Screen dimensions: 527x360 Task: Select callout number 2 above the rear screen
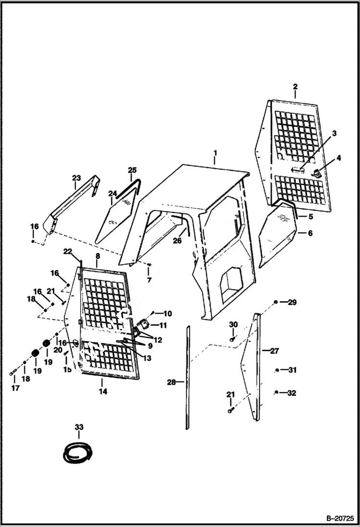[295, 86]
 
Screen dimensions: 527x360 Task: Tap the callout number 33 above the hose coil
[79, 427]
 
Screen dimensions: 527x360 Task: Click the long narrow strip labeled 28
[188, 378]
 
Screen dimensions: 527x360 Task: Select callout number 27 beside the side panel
[274, 351]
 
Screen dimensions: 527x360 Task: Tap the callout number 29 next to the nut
[292, 302]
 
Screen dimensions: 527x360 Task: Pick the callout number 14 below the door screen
[103, 392]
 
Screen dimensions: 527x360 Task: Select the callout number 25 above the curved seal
[132, 170]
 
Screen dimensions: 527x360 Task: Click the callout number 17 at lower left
[15, 388]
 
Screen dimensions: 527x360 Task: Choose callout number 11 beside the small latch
[163, 325]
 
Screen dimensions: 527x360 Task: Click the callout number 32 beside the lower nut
[291, 393]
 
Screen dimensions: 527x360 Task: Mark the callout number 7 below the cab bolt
[149, 280]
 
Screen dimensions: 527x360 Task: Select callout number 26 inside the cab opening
[177, 241]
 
